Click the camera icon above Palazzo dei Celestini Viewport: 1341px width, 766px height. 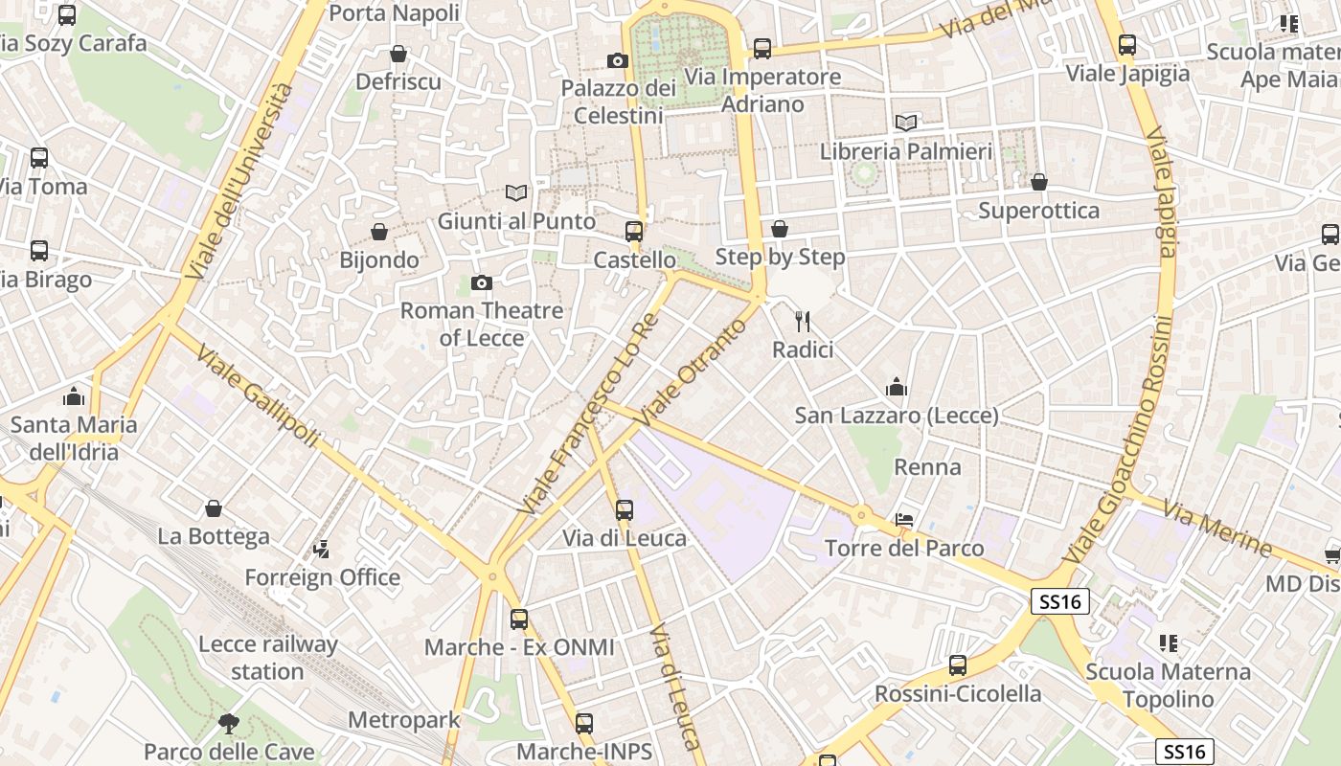[618, 61]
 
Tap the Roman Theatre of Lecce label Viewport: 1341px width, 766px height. [482, 324]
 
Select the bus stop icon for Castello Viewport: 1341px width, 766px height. [634, 231]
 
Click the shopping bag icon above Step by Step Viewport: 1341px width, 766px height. [780, 229]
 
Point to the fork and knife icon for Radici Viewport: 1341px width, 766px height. [803, 322]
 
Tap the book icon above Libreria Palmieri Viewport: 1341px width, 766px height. [905, 123]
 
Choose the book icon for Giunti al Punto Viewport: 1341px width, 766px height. [516, 192]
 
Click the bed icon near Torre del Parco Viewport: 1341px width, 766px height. [903, 520]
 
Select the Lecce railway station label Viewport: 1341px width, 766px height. [267, 657]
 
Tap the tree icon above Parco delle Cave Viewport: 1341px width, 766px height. [228, 723]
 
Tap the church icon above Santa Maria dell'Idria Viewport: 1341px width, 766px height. [74, 396]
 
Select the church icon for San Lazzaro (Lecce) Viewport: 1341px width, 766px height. [897, 387]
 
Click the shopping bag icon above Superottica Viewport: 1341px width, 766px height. [1039, 182]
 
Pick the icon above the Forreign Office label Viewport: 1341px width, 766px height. [322, 550]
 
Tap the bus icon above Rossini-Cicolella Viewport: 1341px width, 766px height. [957, 665]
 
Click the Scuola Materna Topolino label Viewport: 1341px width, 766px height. [1168, 686]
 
